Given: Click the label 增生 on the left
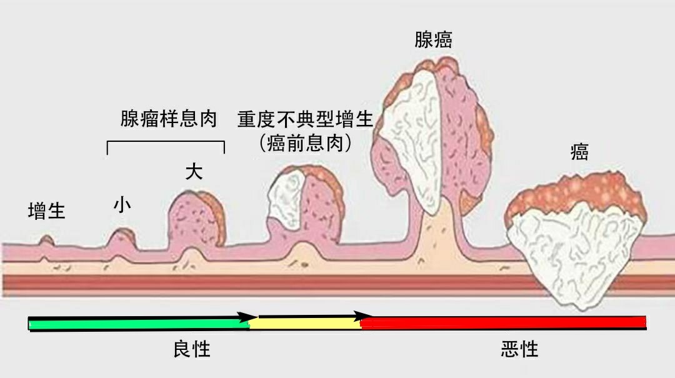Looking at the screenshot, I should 47,211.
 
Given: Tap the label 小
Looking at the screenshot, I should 122,205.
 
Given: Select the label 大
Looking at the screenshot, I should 194,172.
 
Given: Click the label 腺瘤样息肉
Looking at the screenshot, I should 169,119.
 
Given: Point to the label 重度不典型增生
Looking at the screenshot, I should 305,119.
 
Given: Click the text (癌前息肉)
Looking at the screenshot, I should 305,143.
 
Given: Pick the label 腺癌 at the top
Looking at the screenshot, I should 433,39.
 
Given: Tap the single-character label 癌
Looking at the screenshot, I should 579,152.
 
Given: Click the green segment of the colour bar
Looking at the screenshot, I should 137,324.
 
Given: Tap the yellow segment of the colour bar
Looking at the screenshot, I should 306,323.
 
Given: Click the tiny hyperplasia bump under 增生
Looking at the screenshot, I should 46,241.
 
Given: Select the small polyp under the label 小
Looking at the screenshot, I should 122,238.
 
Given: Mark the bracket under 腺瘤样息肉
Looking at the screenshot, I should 166,143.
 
